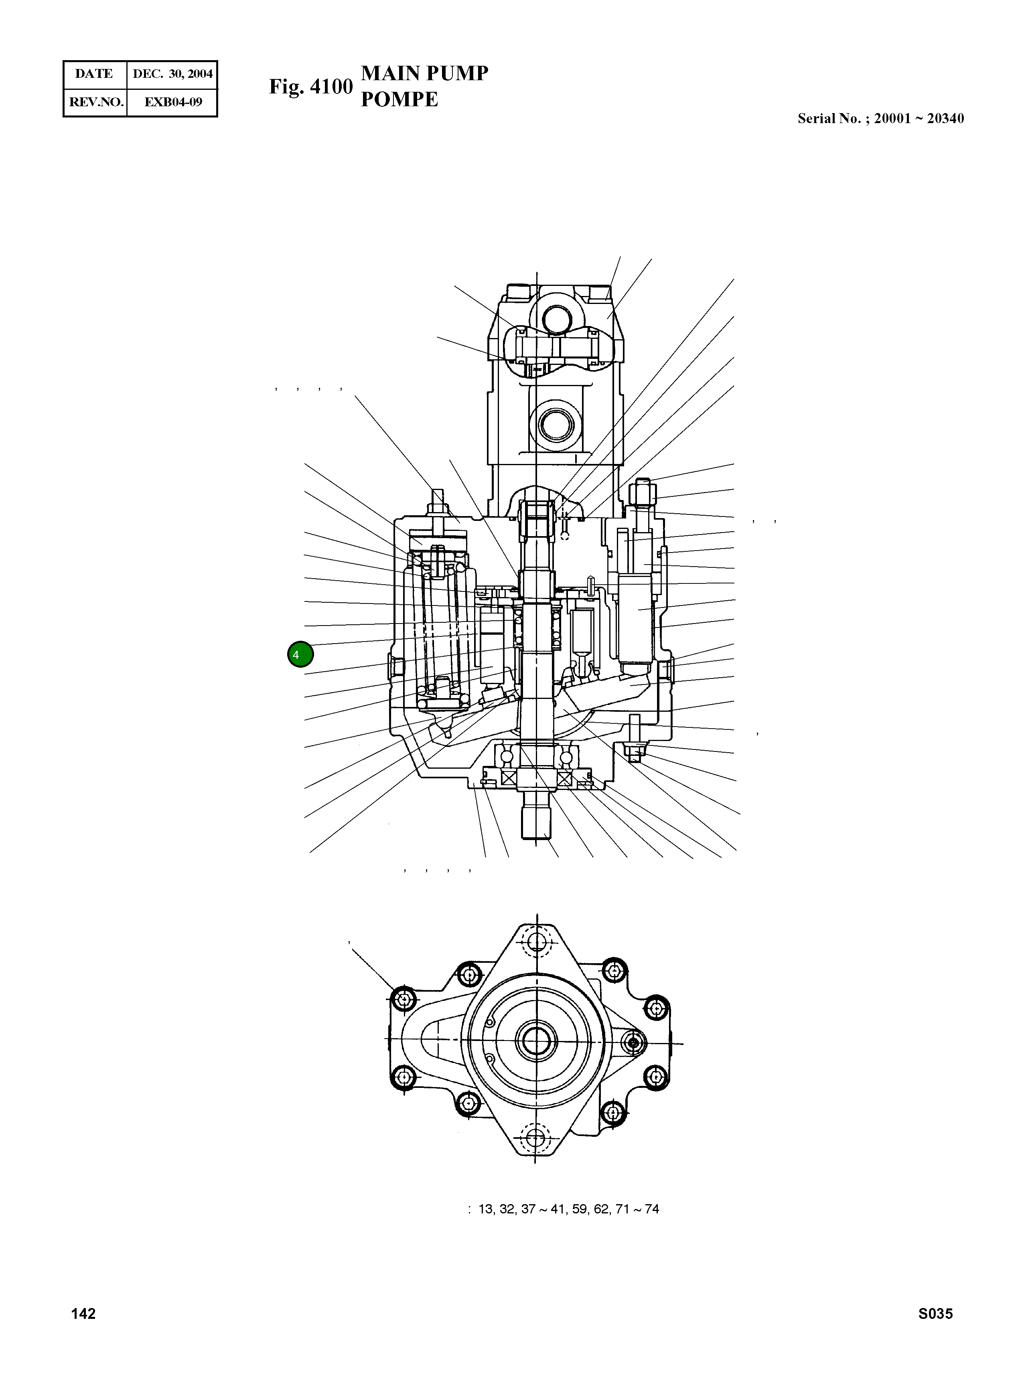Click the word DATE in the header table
94,74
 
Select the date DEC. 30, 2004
172,74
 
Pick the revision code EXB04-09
173,102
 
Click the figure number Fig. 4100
310,87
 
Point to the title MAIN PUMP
425,73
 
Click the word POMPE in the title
399,99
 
